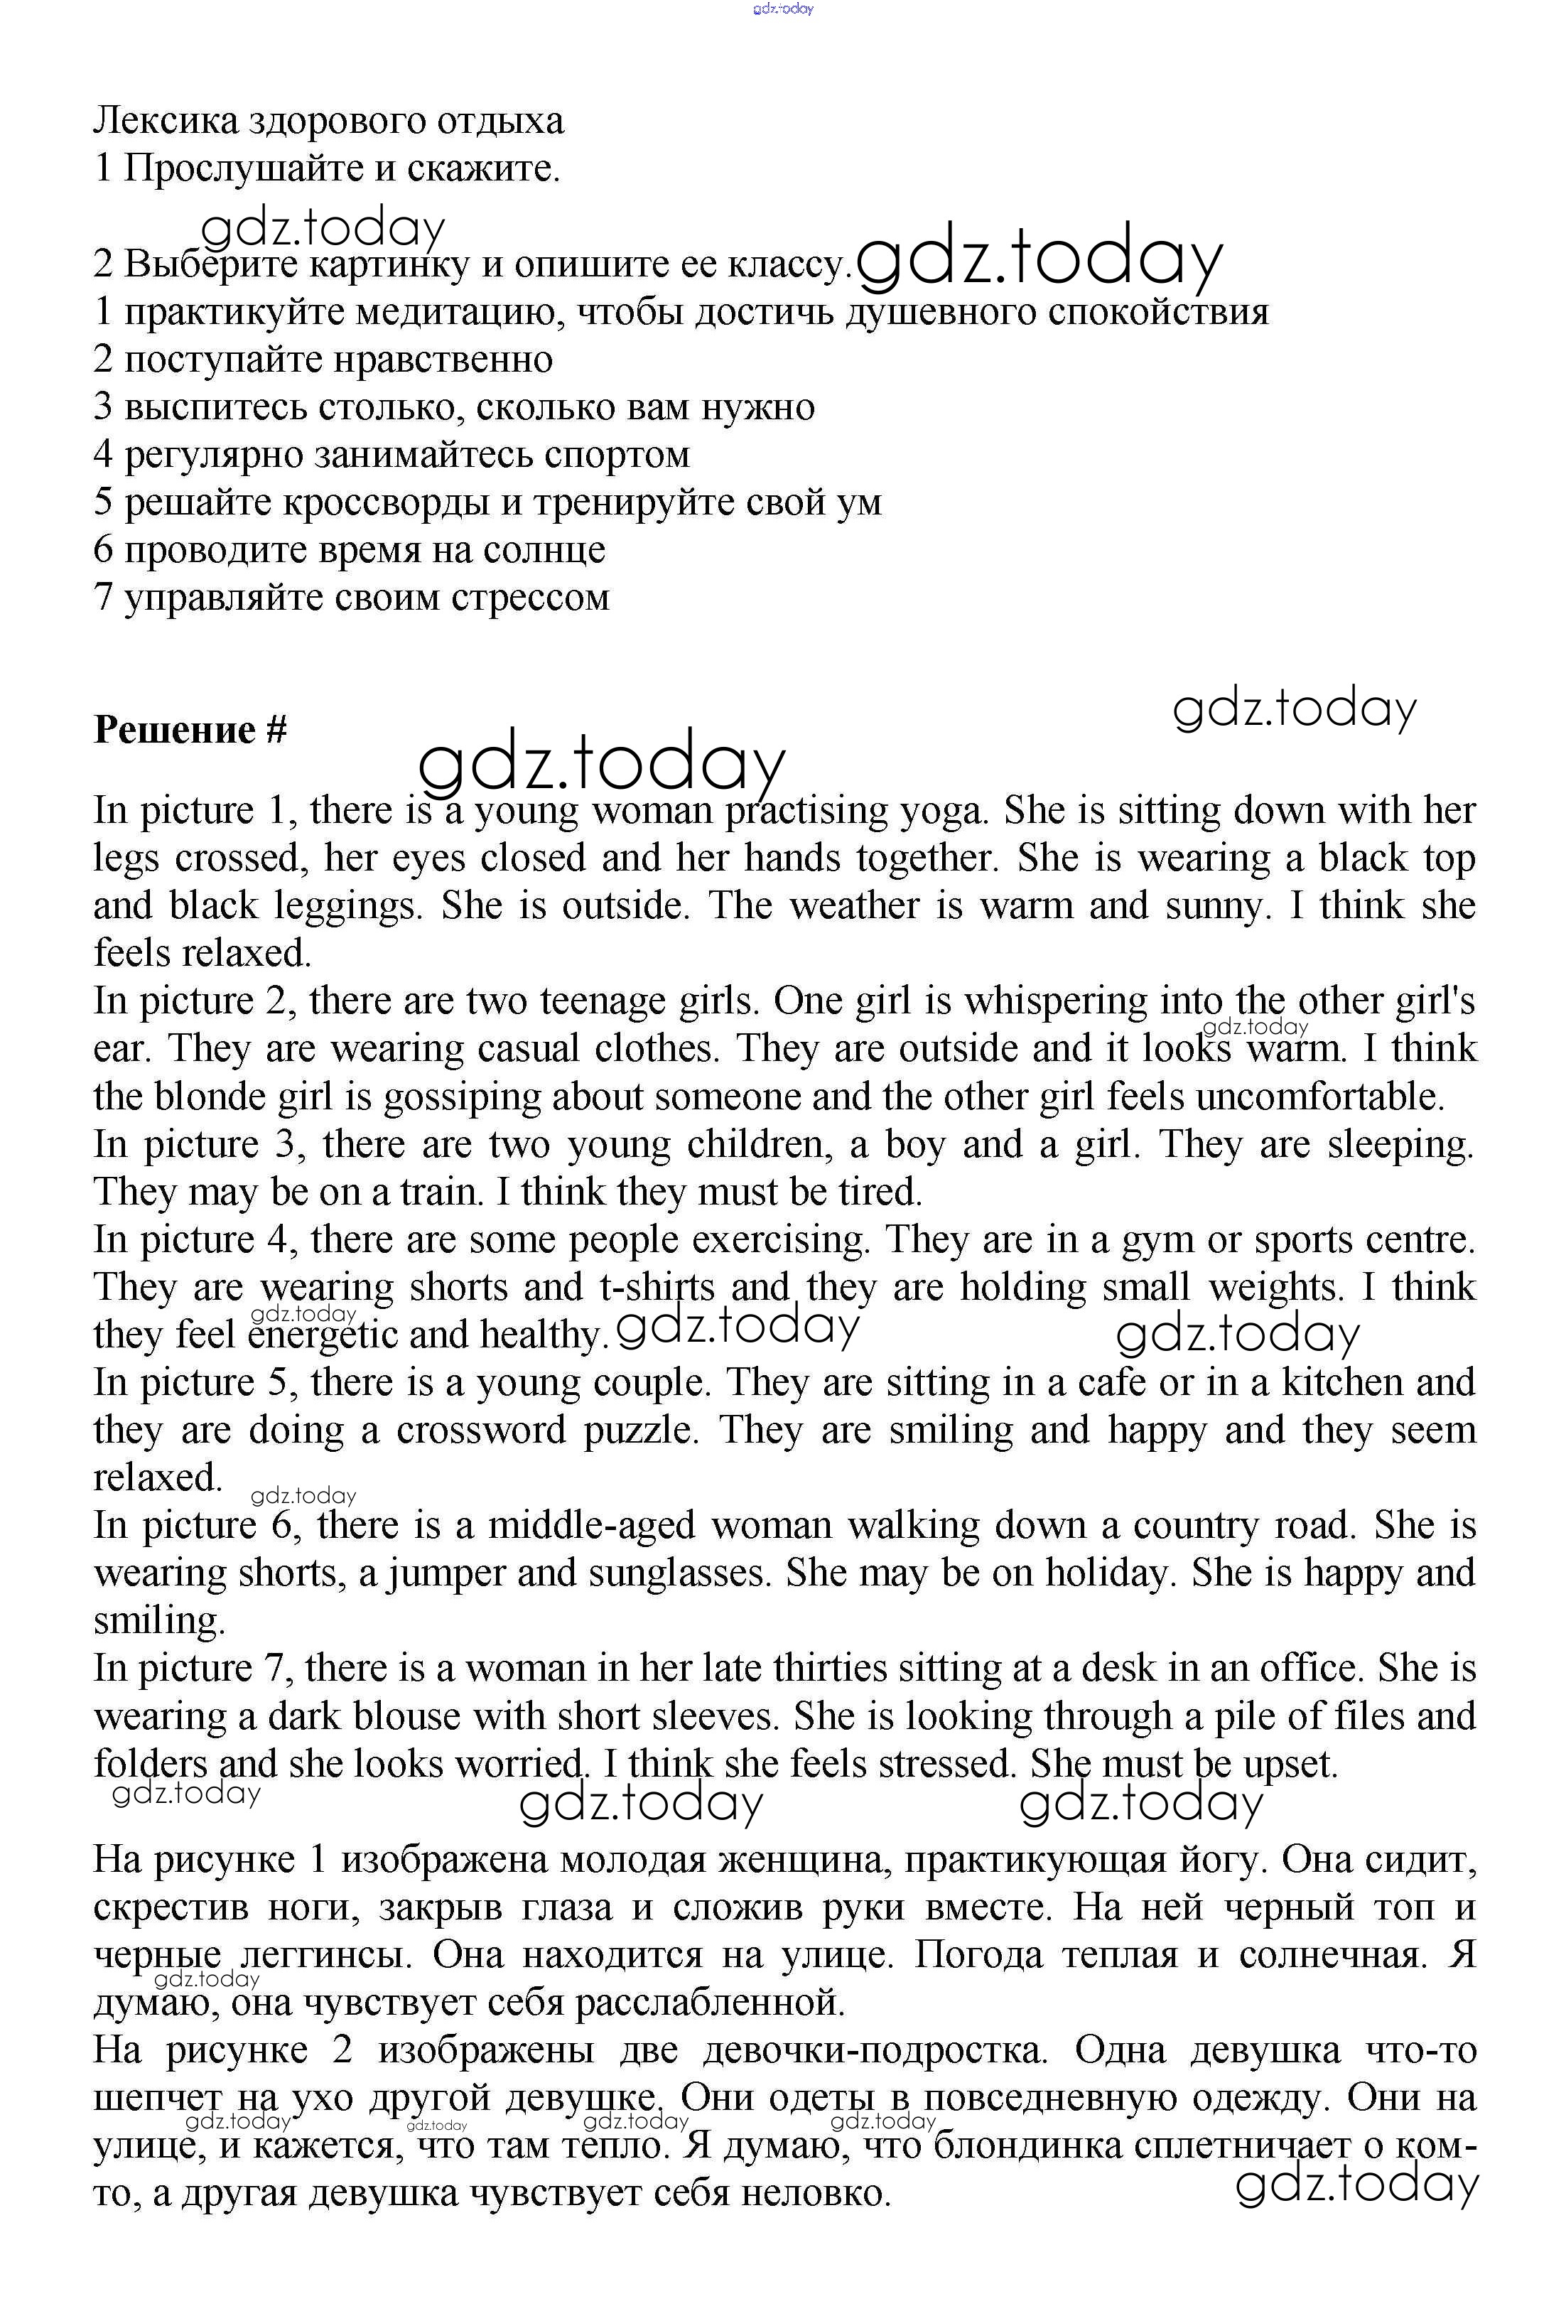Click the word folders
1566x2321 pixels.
pos(151,1764)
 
